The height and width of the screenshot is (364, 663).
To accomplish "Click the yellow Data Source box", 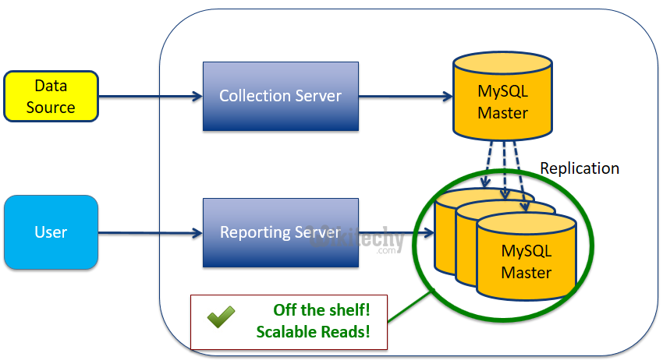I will click(51, 96).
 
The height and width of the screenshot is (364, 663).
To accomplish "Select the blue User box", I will click(51, 232).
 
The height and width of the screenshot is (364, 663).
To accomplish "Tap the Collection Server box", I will click(280, 97).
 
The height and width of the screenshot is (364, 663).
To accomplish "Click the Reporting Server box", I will click(280, 232).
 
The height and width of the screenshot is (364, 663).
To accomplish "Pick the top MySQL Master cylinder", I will click(502, 101).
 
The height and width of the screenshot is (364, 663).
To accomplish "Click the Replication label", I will click(580, 168).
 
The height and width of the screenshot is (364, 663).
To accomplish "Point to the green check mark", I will click(221, 318).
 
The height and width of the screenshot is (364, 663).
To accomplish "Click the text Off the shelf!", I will click(321, 309).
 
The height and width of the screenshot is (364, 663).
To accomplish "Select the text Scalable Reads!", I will click(313, 332).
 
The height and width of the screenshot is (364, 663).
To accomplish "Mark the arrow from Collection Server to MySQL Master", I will click(406, 97).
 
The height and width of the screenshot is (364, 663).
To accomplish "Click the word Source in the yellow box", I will click(51, 108).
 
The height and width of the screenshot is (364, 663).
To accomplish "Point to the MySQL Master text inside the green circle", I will click(526, 263).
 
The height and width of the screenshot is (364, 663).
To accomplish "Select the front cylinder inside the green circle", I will click(526, 257).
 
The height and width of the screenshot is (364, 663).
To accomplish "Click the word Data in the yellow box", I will click(51, 85).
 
